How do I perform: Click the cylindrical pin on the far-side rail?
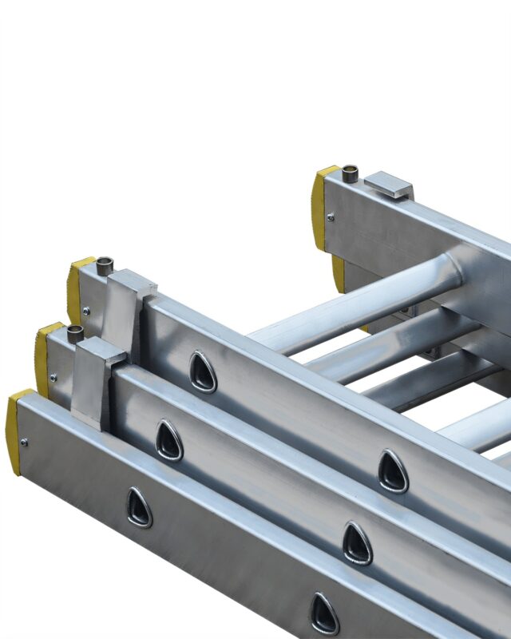tap(350, 173)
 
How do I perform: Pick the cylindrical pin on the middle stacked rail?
tap(76, 333)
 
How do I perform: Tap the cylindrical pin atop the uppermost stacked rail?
tap(105, 265)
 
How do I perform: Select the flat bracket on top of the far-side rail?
tap(389, 185)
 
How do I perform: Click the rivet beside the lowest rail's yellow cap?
tap(26, 442)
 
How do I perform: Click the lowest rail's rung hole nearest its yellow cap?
tap(139, 507)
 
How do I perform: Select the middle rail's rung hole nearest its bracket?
tap(168, 440)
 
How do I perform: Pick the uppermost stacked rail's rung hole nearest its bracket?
tap(203, 372)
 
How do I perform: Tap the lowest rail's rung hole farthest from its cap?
tap(324, 613)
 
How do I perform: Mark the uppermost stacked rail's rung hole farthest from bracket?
tap(393, 471)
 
